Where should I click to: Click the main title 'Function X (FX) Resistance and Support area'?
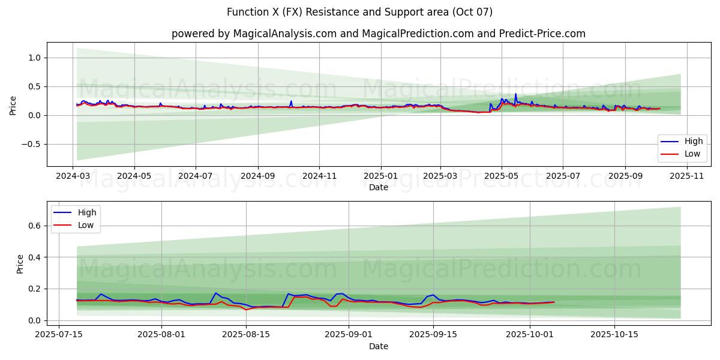(x=360, y=12)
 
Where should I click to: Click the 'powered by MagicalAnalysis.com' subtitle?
(x=254, y=34)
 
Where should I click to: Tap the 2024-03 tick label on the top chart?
(x=73, y=176)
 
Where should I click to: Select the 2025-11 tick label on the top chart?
(x=686, y=176)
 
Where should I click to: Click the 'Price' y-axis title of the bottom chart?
(x=20, y=264)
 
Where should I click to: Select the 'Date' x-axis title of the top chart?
(x=379, y=187)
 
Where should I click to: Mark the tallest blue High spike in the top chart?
(x=515, y=94)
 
